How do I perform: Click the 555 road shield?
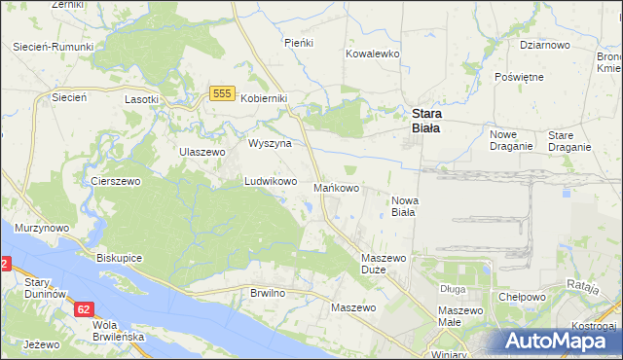coord(221,92)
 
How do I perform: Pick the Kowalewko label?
coord(373,54)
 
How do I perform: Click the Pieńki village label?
coord(297,43)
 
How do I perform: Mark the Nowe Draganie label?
coord(511,140)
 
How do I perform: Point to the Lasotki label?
coord(142,99)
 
